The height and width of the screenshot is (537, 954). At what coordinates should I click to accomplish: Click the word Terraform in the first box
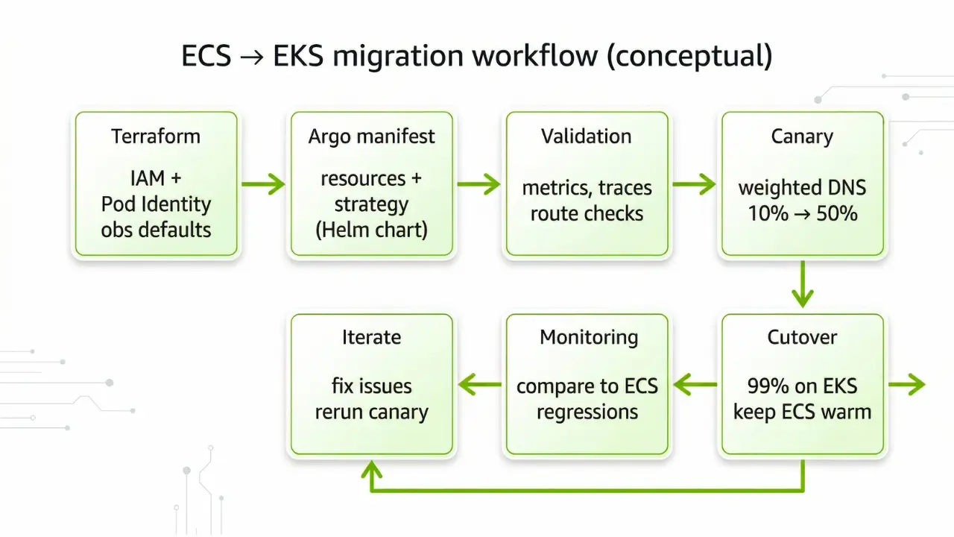pyautogui.click(x=156, y=136)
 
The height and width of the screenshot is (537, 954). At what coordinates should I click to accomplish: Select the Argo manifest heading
pyautogui.click(x=371, y=136)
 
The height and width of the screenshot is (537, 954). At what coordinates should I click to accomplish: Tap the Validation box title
pyautogui.click(x=587, y=136)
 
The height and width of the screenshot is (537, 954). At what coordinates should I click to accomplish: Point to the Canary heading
pyautogui.click(x=802, y=136)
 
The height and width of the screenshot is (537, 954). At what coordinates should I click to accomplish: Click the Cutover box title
pyautogui.click(x=802, y=337)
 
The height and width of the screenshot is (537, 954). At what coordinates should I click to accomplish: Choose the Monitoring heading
pyautogui.click(x=589, y=337)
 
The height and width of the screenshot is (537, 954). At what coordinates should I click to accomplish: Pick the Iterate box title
pyautogui.click(x=371, y=337)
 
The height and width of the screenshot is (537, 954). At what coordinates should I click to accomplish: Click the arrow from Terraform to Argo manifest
pyautogui.click(x=263, y=183)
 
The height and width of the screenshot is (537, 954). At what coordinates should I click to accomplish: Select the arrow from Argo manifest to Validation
pyautogui.click(x=478, y=183)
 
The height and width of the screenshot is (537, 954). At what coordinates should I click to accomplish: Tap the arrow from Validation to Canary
pyautogui.click(x=694, y=183)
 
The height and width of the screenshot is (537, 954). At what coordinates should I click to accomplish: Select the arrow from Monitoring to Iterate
pyautogui.click(x=478, y=385)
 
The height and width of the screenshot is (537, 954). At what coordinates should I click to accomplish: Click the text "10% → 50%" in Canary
pyautogui.click(x=802, y=213)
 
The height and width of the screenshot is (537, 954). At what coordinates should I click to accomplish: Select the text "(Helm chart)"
pyautogui.click(x=371, y=229)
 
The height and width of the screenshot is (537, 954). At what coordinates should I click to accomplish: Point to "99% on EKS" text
pyautogui.click(x=802, y=386)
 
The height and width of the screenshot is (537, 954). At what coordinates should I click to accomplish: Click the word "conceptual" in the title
pyautogui.click(x=689, y=57)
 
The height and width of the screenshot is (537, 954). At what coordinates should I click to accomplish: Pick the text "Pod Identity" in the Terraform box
pyautogui.click(x=156, y=204)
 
